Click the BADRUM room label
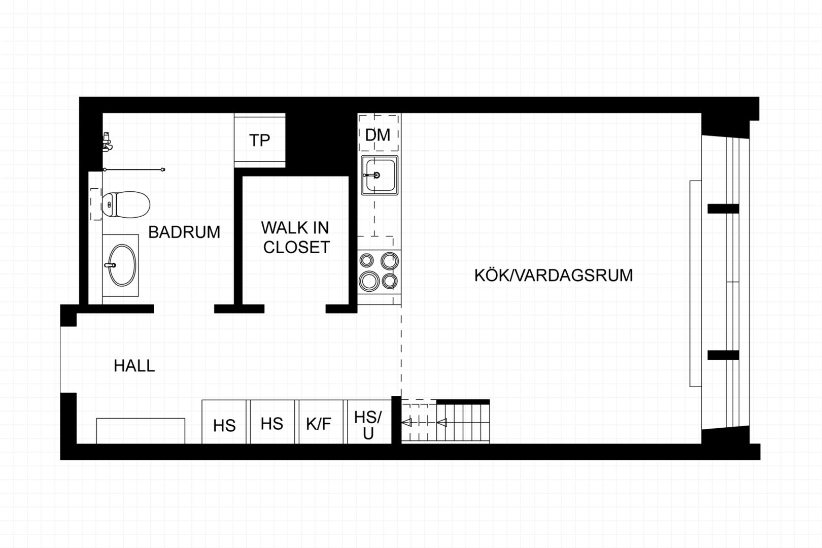point(184,232)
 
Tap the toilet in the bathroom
point(126,204)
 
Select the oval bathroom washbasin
point(122,265)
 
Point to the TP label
point(259,140)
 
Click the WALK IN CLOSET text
point(296,237)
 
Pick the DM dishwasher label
point(378,135)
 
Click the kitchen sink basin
point(380,175)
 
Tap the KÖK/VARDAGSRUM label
point(554,276)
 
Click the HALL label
point(134,366)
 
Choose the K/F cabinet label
point(319,424)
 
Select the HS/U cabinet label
point(368,425)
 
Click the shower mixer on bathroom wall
point(107,142)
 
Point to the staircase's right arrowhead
point(442,423)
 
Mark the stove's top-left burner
point(366,261)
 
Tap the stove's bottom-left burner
point(369,281)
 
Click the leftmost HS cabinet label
point(224,426)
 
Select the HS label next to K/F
point(272,424)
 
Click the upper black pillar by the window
point(723,209)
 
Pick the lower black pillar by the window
point(723,355)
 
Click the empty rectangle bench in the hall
point(141,431)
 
